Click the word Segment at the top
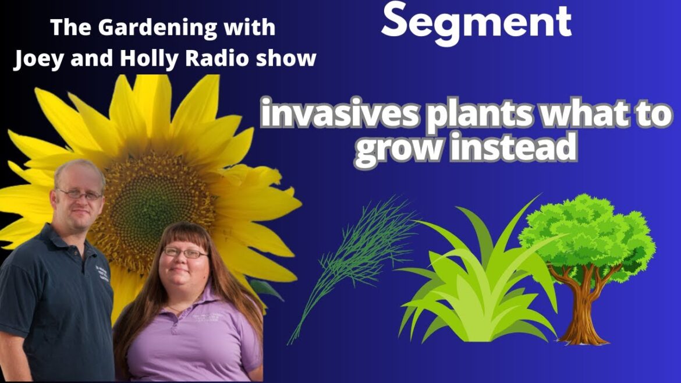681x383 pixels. (x=476, y=22)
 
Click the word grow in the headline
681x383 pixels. (x=396, y=148)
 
